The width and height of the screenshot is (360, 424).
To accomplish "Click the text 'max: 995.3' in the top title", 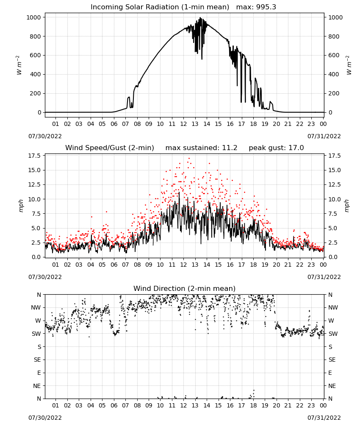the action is tap(256, 7).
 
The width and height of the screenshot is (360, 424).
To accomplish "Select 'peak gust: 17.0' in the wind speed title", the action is tap(276, 148).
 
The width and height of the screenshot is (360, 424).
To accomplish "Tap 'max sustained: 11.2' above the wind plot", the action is tap(201, 148).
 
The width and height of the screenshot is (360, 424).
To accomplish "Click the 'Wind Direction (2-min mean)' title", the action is tap(185, 288).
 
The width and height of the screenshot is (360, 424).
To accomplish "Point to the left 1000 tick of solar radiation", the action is tap(33, 17).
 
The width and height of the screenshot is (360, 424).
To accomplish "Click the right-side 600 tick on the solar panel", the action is tap(334, 56).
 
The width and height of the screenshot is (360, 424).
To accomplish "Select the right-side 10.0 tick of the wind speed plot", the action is tap(334, 199).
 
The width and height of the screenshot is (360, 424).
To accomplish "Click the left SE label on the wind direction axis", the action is tap(37, 360).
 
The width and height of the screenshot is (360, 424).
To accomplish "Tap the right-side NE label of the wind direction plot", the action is tap(332, 386).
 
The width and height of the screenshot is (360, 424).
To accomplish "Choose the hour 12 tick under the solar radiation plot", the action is tap(183, 124).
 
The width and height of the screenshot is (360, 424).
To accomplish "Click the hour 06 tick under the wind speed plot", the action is tap(114, 265).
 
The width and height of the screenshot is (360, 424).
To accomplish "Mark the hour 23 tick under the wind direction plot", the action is tap(311, 405).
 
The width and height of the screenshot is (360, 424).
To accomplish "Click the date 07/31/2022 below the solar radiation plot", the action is tap(324, 136).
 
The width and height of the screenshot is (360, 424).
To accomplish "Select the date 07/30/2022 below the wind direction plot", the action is tap(45, 418).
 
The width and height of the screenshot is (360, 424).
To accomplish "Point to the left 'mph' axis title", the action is tap(21, 206).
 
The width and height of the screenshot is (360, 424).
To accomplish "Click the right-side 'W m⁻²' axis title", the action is tap(349, 65).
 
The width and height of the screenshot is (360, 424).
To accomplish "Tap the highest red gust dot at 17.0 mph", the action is tap(189, 159).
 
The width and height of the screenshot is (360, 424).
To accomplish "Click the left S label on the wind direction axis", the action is tap(39, 347).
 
